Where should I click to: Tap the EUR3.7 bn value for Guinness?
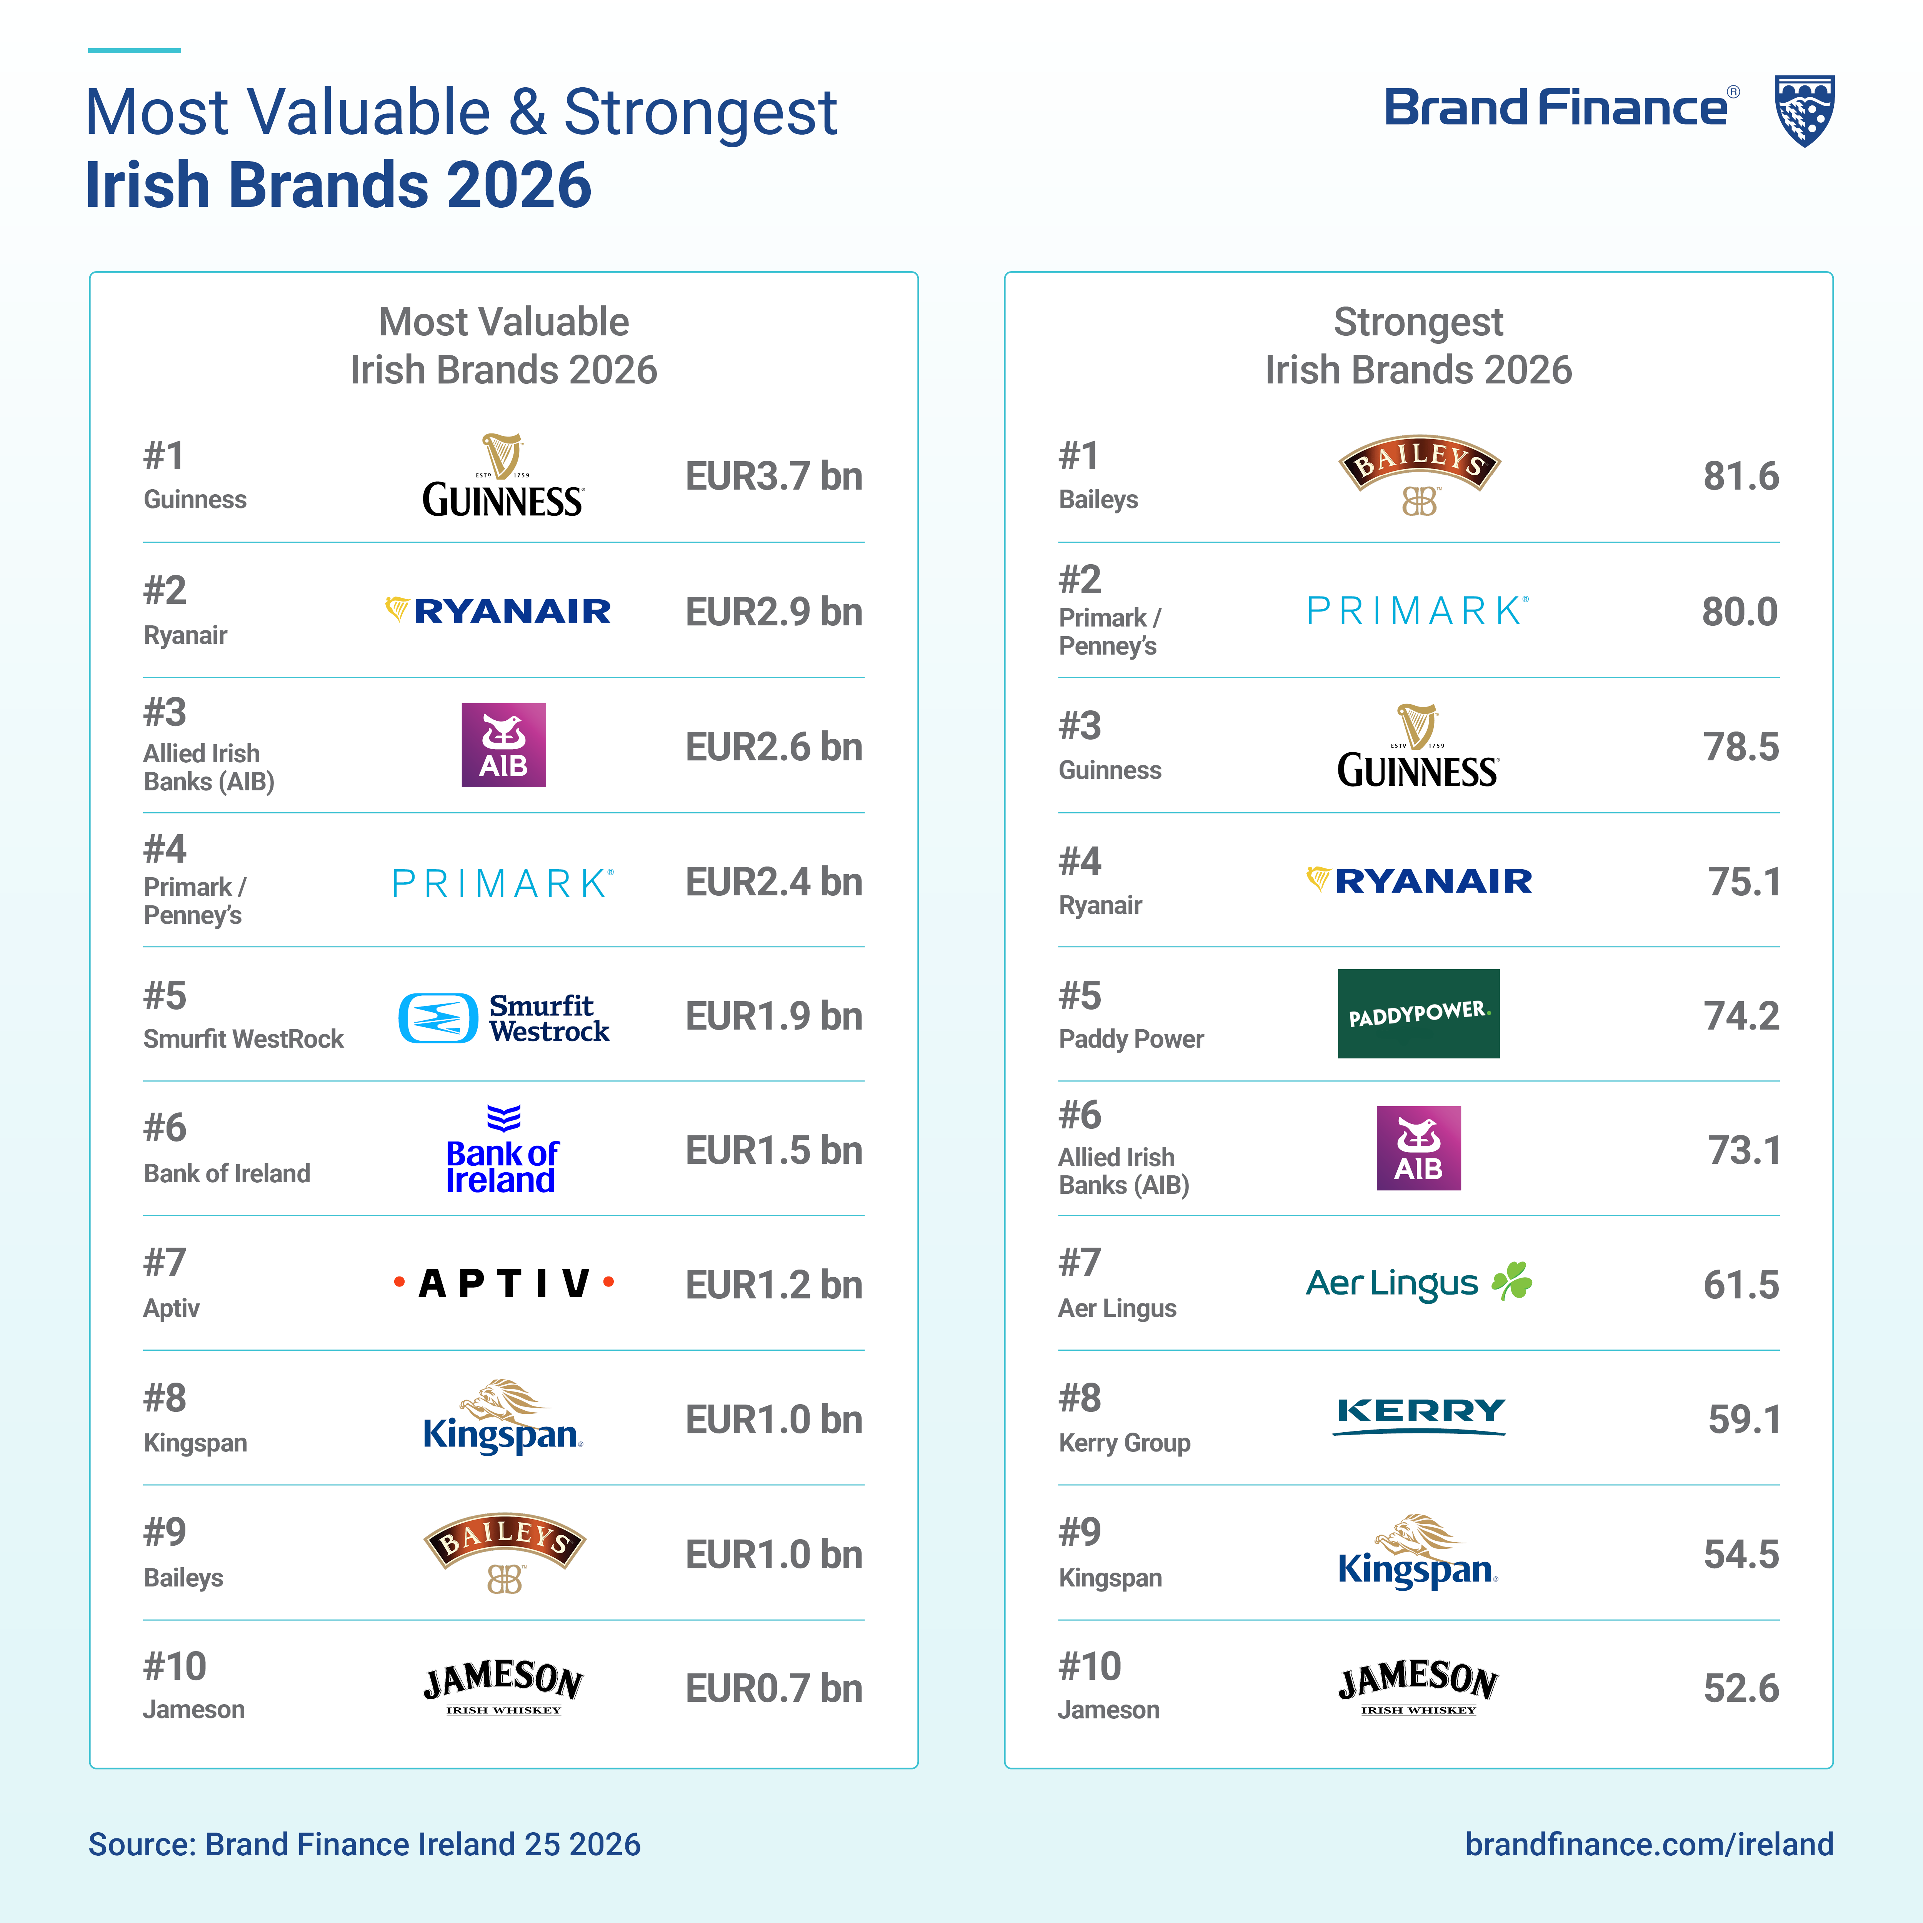[773, 477]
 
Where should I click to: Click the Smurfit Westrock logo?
[504, 1017]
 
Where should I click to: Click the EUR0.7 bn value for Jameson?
[773, 1688]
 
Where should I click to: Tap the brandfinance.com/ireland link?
[1648, 1845]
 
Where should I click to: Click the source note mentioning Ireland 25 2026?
[364, 1845]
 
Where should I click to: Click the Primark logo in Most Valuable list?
[504, 882]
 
